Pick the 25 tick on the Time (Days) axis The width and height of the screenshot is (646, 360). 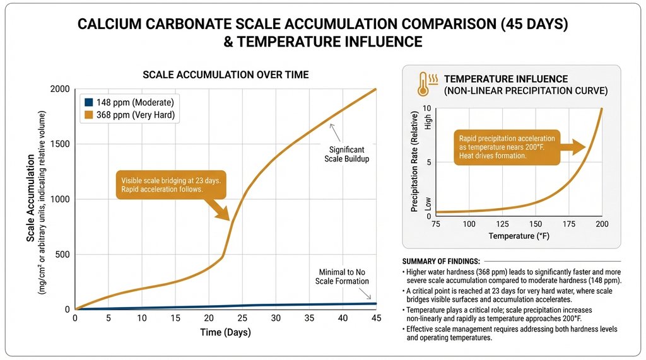click(x=242, y=318)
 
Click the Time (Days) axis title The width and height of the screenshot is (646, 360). click(x=225, y=332)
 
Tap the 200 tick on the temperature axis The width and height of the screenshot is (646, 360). click(x=602, y=224)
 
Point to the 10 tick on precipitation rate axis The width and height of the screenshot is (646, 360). click(x=426, y=108)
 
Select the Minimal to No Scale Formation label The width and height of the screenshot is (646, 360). click(x=342, y=276)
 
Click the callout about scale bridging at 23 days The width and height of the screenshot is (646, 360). click(x=170, y=185)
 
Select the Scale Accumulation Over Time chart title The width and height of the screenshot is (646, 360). click(x=225, y=74)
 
